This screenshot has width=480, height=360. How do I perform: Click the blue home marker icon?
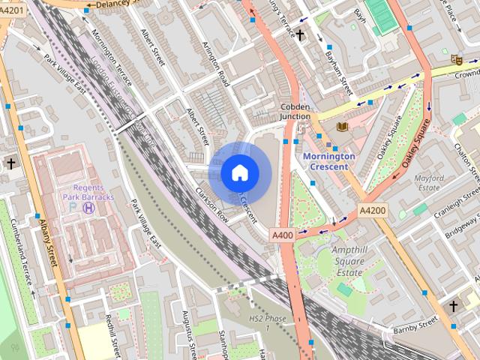239,173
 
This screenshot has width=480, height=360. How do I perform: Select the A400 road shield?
282,235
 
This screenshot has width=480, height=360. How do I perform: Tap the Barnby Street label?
415,325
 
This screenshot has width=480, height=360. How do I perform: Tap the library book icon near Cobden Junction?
343,127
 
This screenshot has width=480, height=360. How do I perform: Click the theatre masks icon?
455,59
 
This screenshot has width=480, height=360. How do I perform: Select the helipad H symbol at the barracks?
89,208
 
